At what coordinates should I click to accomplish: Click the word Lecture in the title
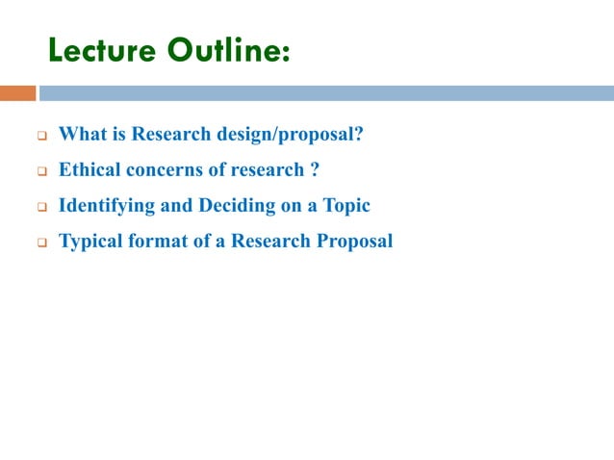coord(101,49)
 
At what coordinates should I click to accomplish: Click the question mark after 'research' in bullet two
coord(315,169)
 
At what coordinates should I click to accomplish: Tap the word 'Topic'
coord(345,205)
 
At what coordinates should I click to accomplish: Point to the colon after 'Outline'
coord(285,53)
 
